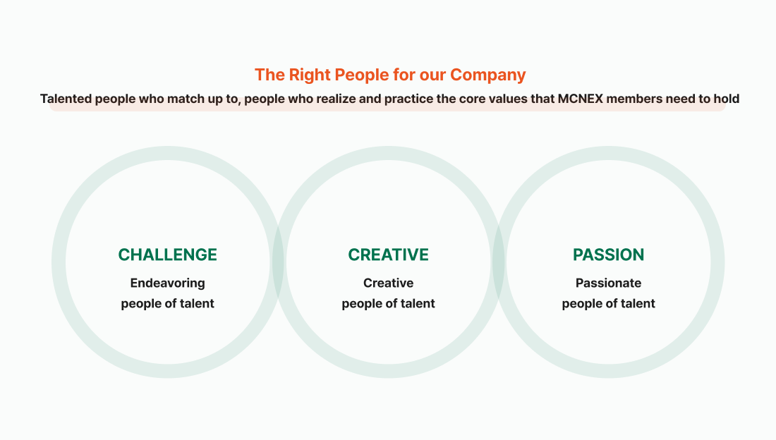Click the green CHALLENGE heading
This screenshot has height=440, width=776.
(x=167, y=255)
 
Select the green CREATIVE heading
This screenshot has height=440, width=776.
(x=388, y=255)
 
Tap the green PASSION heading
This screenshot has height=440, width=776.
(x=608, y=255)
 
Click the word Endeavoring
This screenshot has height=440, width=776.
(x=167, y=283)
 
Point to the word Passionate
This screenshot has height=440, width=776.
(x=608, y=283)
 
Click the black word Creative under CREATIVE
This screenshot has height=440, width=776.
(x=388, y=283)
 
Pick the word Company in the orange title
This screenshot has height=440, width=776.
(x=487, y=75)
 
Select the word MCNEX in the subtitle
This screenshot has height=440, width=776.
(x=580, y=99)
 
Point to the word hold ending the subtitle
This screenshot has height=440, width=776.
(x=726, y=99)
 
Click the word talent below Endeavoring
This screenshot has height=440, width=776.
(x=197, y=303)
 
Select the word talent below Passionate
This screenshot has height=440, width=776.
(x=638, y=303)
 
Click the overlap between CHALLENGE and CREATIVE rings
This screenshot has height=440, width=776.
(x=278, y=262)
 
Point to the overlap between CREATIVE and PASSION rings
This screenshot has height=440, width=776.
(x=498, y=262)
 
